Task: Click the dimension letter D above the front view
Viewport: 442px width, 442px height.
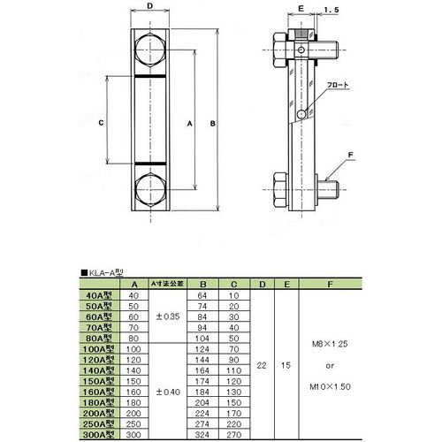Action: (150, 6)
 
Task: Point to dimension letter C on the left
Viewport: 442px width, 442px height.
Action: (102, 123)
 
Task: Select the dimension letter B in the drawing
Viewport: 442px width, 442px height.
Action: (213, 123)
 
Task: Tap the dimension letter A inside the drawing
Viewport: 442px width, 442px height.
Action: (189, 125)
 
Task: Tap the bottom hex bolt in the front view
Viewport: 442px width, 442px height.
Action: (150, 190)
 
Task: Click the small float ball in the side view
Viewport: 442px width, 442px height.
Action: (303, 114)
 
